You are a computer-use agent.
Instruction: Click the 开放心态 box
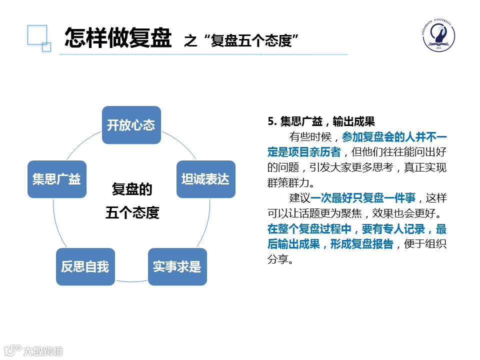131,125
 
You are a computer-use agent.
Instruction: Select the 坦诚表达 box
205,179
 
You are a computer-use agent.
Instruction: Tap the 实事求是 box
177,266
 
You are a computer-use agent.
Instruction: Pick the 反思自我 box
85,266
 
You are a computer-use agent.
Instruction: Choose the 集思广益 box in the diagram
56,179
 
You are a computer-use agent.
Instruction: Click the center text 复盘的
131,190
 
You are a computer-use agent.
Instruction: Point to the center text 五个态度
132,213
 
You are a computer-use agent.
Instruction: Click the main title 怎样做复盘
118,37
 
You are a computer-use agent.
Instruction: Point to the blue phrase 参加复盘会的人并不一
394,136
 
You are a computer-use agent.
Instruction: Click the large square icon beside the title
36,35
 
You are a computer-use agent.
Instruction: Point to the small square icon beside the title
46,47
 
